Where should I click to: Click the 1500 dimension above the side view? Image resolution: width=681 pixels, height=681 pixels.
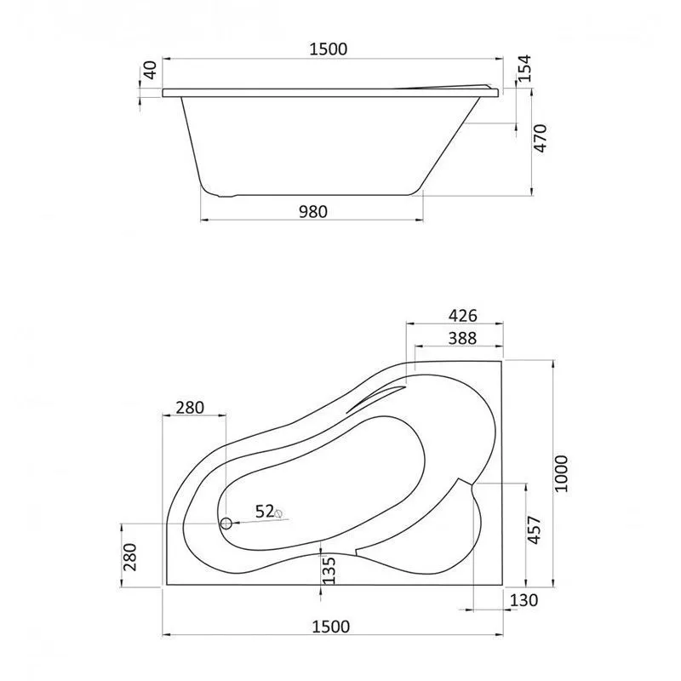pos(329,49)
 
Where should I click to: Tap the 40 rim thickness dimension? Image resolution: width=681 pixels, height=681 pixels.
pos(150,70)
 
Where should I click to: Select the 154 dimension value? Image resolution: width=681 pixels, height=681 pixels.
pos(524,68)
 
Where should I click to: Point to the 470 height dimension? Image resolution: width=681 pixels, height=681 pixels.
pos(540,138)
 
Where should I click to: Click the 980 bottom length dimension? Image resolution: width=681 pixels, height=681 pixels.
pos(313,211)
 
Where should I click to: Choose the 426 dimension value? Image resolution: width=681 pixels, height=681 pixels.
pos(462,315)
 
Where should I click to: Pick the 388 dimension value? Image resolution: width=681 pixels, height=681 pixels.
pos(462,338)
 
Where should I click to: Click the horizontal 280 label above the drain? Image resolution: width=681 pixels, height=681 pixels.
pos(190,408)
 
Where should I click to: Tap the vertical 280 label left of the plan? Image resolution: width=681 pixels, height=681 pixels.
pos(130,558)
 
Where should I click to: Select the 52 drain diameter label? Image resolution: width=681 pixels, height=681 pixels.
pos(264,512)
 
